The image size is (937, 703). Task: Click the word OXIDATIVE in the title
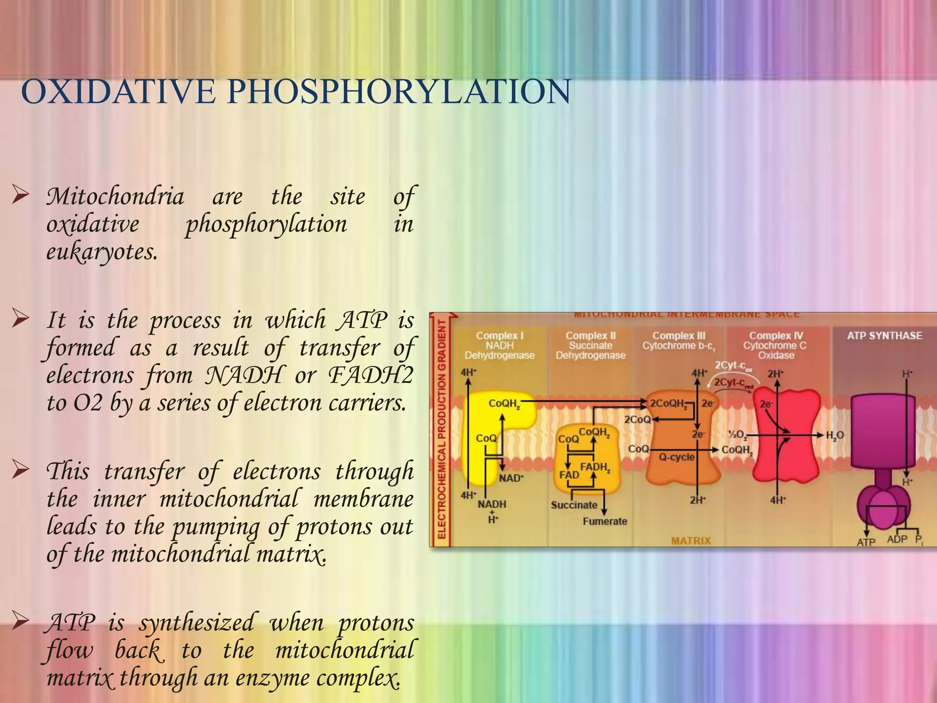[118, 92]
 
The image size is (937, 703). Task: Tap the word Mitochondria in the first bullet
[115, 197]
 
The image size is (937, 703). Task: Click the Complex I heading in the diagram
[500, 335]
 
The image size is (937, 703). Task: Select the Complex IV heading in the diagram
[776, 335]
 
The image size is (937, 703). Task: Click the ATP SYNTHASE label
[884, 335]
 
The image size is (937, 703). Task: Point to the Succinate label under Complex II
[574, 505]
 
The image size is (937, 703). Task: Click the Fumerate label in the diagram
[605, 521]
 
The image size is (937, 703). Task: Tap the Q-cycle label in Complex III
[676, 457]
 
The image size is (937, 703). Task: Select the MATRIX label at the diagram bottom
[691, 541]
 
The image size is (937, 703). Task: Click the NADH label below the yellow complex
[492, 504]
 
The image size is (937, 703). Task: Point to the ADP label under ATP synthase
[897, 539]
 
